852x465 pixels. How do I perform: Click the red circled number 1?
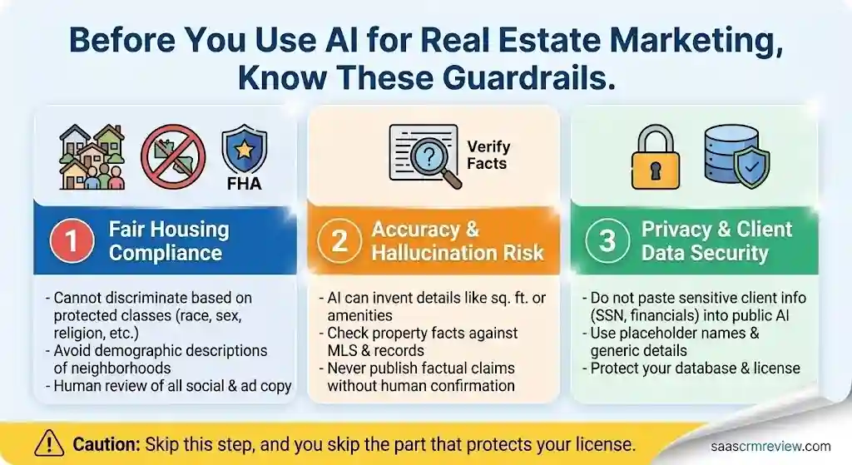(x=72, y=240)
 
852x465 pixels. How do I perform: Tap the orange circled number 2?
(x=339, y=240)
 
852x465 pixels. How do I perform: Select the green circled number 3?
(x=607, y=240)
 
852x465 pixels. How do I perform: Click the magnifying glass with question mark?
(x=425, y=155)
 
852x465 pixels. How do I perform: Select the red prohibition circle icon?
(x=171, y=153)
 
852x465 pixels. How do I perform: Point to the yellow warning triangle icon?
(x=51, y=443)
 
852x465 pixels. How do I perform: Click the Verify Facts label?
(x=488, y=155)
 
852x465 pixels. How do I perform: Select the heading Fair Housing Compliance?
(x=168, y=240)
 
